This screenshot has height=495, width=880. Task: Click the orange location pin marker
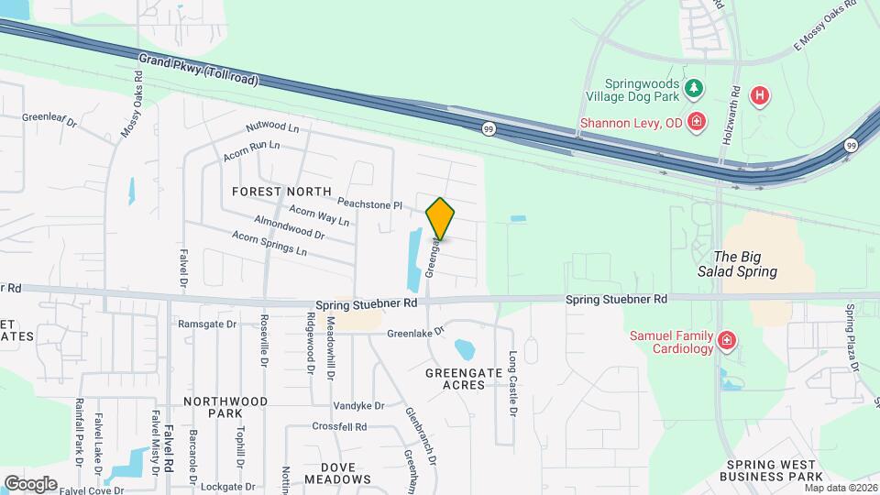(440, 218)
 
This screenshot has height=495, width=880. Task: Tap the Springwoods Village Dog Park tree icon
(695, 87)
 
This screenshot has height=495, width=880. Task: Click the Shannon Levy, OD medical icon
(697, 120)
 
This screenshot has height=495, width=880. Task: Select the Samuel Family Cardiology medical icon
(726, 341)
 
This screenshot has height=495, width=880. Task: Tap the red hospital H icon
(758, 95)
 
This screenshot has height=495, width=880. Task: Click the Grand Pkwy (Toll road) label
(198, 70)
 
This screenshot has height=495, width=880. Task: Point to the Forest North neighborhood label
(281, 192)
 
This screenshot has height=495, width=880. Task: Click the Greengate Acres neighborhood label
(467, 379)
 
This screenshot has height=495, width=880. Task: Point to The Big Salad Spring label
(745, 265)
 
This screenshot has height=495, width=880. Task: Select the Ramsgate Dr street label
(207, 324)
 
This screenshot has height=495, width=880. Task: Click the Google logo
(31, 483)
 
